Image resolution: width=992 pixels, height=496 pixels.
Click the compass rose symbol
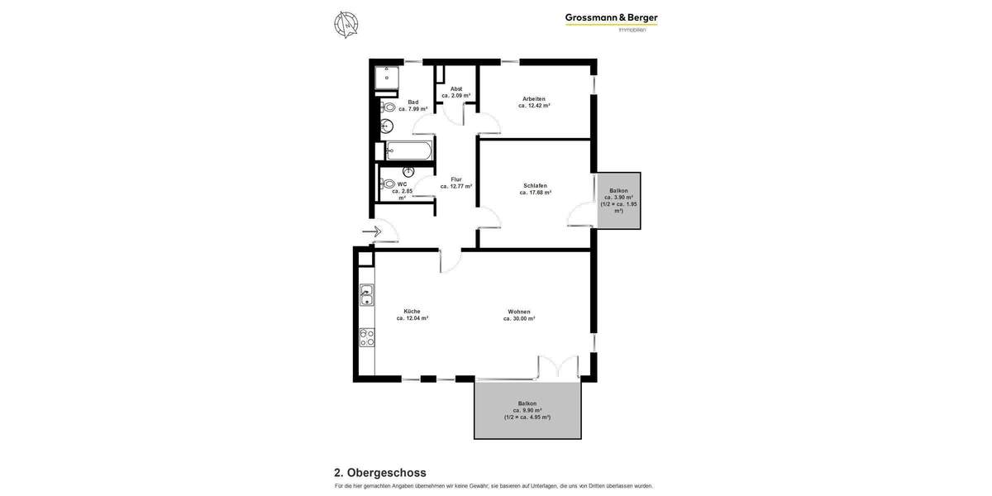coord(346,25)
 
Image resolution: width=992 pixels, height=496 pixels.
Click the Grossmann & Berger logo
coord(611,21)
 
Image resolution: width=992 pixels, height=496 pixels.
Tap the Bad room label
coord(413,105)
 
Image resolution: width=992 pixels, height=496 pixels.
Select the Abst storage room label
coord(456,92)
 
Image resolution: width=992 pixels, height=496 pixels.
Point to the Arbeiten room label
coord(534,102)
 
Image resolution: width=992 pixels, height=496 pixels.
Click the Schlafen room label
coord(535,188)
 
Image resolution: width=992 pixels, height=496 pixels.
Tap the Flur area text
coord(456,183)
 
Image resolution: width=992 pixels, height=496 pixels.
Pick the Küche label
coord(412,314)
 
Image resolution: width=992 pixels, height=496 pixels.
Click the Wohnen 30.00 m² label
coord(519,314)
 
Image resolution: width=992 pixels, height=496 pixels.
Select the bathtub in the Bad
coord(408,151)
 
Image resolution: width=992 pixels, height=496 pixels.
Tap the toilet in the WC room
coord(387,184)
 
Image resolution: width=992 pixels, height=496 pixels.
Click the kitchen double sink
coord(366,295)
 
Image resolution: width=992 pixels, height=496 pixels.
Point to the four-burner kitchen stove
coord(366,337)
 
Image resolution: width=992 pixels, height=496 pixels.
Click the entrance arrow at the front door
coord(370,231)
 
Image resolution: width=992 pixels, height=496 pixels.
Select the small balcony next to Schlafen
coord(618,200)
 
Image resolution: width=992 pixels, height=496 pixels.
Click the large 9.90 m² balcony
coord(527,410)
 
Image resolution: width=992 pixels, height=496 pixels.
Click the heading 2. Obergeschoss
coord(380,473)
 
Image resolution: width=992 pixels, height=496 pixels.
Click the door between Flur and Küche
coord(451,260)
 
